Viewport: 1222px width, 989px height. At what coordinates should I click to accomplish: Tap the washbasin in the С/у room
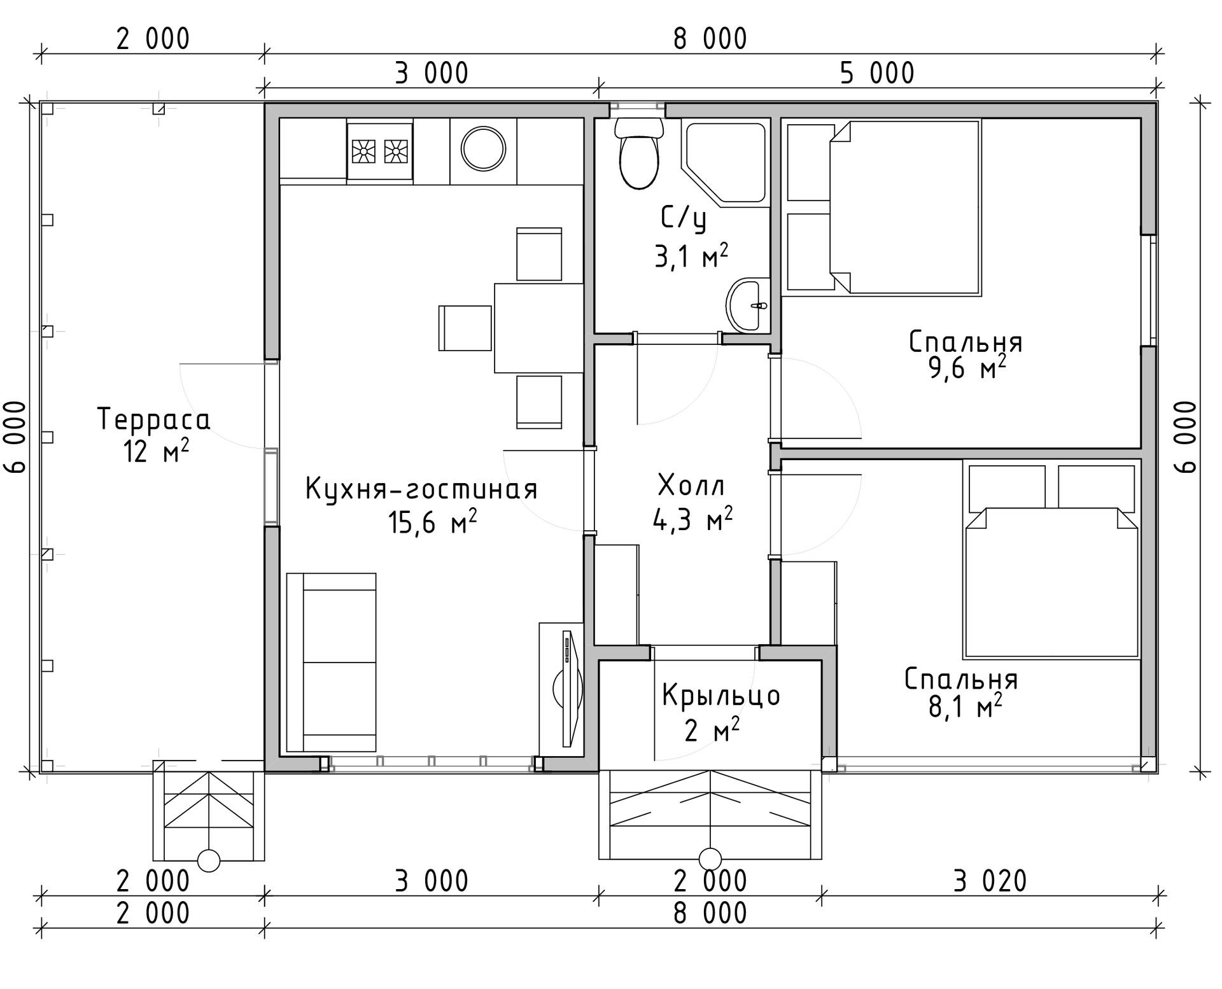[748, 305]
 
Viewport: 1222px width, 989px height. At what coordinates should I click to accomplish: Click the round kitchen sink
[484, 150]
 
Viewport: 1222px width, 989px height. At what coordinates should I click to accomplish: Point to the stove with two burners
[380, 151]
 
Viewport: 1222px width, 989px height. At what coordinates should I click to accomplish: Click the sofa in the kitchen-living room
[332, 663]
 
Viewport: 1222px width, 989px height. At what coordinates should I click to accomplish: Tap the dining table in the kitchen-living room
[539, 328]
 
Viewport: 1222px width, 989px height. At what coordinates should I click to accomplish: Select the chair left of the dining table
[465, 328]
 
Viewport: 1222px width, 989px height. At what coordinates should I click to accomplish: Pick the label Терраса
[153, 419]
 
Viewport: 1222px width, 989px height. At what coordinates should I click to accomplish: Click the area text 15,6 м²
[433, 523]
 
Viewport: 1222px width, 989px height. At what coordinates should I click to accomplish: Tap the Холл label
[691, 486]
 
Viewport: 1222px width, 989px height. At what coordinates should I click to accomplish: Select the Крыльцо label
[721, 695]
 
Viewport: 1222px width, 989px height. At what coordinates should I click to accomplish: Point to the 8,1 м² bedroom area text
[966, 706]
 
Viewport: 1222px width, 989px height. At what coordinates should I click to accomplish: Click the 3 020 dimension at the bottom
[990, 881]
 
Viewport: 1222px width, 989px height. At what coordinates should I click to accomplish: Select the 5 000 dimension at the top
[877, 73]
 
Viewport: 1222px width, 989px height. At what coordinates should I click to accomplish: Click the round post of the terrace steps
[209, 860]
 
